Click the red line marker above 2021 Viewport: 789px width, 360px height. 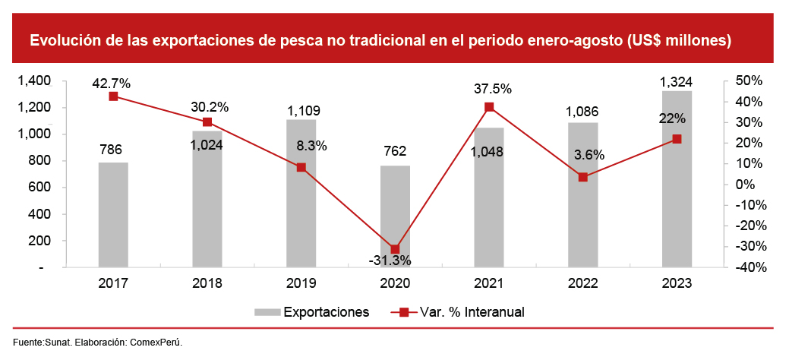pos(489,107)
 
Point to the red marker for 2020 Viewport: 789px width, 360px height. pos(395,249)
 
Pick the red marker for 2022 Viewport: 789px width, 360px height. pos(583,177)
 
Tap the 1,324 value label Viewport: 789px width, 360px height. pos(676,81)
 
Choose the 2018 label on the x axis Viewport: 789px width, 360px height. pos(207,283)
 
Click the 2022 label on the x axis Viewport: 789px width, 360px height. pos(582,283)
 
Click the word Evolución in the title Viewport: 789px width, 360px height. pos(64,41)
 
